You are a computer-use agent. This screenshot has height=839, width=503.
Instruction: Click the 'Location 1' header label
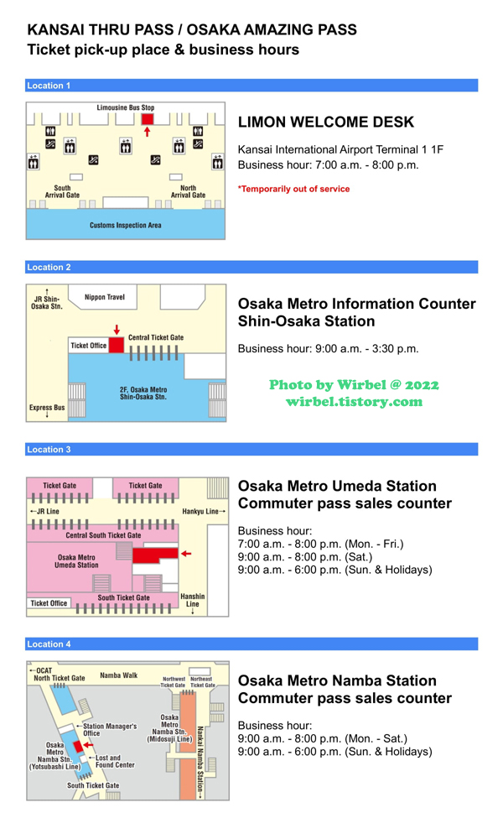49,86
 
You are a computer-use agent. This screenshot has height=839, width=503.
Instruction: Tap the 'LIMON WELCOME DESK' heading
326,122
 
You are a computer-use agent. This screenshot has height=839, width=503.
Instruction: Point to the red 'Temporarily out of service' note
293,189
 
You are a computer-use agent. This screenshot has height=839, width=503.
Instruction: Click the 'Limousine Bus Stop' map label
126,108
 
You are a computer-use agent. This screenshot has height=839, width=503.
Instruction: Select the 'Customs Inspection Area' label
126,225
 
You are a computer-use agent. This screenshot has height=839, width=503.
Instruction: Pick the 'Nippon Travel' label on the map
105,297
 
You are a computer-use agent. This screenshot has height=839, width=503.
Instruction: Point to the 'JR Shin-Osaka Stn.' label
47,302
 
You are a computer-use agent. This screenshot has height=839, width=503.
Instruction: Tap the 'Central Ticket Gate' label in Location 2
156,337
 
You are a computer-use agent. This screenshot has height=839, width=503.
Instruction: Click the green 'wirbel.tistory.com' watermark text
354,402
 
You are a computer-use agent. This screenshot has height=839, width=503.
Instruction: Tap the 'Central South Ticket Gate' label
103,535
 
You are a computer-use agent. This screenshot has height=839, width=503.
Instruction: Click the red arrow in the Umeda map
186,554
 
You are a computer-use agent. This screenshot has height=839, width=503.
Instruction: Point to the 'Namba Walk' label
119,675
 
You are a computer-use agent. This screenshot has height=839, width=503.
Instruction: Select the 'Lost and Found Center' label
113,761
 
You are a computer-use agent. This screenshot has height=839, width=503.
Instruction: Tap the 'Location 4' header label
49,644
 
